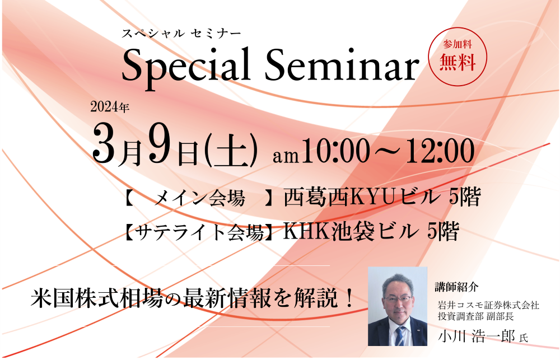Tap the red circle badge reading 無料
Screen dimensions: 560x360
click(x=458, y=56)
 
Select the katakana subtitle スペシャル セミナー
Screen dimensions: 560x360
click(x=181, y=34)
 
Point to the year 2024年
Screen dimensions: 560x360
click(x=110, y=107)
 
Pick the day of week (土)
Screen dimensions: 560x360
click(x=231, y=151)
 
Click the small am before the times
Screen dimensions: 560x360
click(x=286, y=156)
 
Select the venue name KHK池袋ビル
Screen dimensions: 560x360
click(x=351, y=232)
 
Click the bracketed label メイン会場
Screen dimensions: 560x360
click(x=199, y=198)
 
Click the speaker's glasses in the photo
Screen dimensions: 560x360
click(x=398, y=298)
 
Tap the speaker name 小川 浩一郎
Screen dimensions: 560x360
click(x=477, y=337)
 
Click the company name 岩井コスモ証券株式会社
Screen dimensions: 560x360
click(x=488, y=305)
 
